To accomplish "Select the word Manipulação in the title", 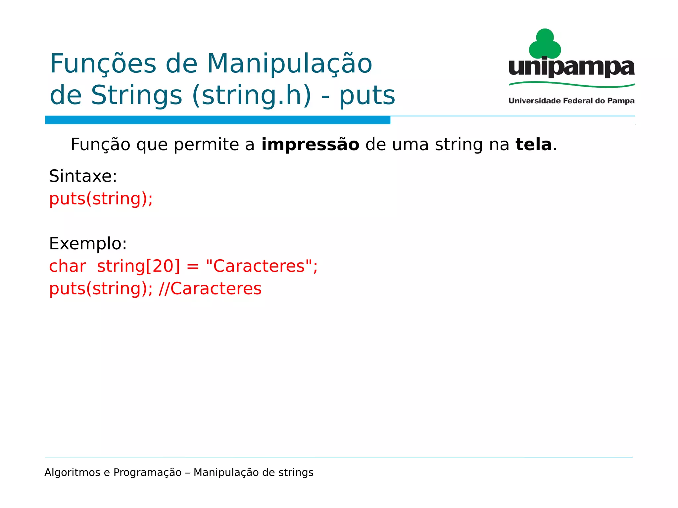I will click(x=290, y=64).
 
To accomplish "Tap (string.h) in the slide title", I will click(x=252, y=95).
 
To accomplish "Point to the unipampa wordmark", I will click(x=571, y=68).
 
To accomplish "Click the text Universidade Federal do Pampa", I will click(x=571, y=101).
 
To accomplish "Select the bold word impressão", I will click(x=310, y=145).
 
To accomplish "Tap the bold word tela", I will click(x=534, y=145).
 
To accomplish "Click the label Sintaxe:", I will click(x=83, y=176).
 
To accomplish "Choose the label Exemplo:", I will click(x=88, y=244).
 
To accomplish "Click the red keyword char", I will click(x=68, y=266).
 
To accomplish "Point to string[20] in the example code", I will click(x=139, y=266).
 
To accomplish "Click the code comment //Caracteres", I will click(x=210, y=289).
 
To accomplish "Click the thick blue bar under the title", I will click(x=218, y=120).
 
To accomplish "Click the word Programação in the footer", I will click(x=147, y=473).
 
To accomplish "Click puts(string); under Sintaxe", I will click(x=101, y=199).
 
